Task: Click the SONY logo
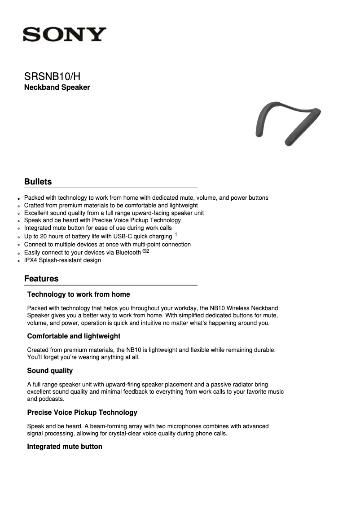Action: [65, 34]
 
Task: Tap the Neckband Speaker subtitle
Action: [57, 87]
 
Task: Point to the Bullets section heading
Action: [38, 182]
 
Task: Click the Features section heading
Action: [41, 279]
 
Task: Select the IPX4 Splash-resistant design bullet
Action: [62, 260]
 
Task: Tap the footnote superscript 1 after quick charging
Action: [176, 234]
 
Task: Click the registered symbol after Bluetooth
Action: [144, 251]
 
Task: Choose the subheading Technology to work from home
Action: [79, 294]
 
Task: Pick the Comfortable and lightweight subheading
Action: [74, 336]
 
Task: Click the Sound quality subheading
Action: [50, 371]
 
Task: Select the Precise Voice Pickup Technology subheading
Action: [82, 412]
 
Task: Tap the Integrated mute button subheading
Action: [65, 447]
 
